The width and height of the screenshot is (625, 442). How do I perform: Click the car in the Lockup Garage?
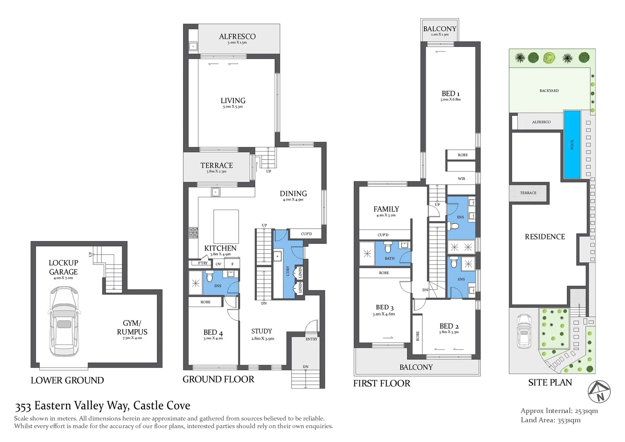[x=64, y=321]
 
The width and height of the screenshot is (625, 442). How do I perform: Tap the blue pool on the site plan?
[x=572, y=144]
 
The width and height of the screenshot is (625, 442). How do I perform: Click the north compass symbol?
[x=599, y=392]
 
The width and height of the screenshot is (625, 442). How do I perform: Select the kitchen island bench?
[x=226, y=226]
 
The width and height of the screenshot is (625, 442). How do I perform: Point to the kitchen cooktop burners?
[x=193, y=233]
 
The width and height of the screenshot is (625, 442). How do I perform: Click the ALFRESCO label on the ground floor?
[x=237, y=37]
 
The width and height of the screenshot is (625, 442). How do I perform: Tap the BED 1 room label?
[x=450, y=94]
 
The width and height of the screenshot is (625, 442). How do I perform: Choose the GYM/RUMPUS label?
[x=132, y=327]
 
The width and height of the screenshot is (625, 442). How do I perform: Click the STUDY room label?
[x=262, y=331]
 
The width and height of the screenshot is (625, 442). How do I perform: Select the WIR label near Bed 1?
[x=461, y=178]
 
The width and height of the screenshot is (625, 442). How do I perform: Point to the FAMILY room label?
[x=386, y=209]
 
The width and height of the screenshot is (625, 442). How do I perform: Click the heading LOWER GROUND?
[x=67, y=380]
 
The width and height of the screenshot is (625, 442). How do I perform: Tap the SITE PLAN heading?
[x=550, y=382]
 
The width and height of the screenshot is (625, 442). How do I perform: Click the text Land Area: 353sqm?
[x=550, y=420]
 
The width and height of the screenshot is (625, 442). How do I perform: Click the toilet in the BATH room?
[x=388, y=248]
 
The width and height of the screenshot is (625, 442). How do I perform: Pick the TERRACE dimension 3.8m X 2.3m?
[x=216, y=171]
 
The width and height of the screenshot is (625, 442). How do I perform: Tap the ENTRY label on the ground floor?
[x=311, y=339]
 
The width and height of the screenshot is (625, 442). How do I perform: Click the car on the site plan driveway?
[x=524, y=331]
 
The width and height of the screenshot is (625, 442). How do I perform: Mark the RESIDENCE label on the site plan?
[x=545, y=237]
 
